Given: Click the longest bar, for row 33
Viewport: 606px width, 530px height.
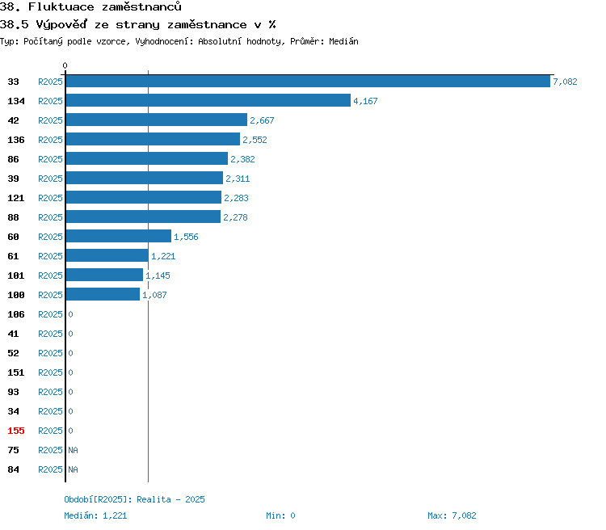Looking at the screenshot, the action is click(308, 81).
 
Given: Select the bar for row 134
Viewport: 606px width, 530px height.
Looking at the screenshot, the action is click(208, 100).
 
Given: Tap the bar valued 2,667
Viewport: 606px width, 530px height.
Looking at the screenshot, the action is click(157, 120).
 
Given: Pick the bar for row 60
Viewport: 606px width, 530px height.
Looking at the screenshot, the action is click(119, 236).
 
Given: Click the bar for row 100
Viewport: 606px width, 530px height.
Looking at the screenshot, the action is click(103, 294).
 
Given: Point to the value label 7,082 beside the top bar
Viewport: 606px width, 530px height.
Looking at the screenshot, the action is click(565, 82).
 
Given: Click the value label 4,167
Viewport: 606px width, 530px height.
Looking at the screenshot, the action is click(365, 101).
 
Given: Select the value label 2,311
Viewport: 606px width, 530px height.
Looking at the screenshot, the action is click(238, 179).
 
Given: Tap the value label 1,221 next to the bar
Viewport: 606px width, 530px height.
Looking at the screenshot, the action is click(163, 256).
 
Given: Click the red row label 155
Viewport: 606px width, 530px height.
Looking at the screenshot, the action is click(16, 431).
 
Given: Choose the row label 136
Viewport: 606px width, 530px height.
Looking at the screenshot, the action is click(16, 140).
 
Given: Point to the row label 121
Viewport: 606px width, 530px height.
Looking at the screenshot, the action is click(16, 198).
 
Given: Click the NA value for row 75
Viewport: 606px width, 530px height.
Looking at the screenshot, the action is click(73, 450).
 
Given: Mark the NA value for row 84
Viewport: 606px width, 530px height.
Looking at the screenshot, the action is click(73, 469).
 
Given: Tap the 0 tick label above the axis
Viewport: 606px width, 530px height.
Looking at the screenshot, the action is click(65, 65).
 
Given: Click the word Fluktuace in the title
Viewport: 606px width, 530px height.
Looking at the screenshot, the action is click(61, 7).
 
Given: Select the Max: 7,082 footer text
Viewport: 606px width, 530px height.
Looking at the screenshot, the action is click(452, 515).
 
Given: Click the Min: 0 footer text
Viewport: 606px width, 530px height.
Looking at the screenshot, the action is click(280, 515).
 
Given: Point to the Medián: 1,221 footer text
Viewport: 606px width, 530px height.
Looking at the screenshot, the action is click(95, 515).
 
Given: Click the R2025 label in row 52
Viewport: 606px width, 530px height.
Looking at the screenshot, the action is click(50, 353).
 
